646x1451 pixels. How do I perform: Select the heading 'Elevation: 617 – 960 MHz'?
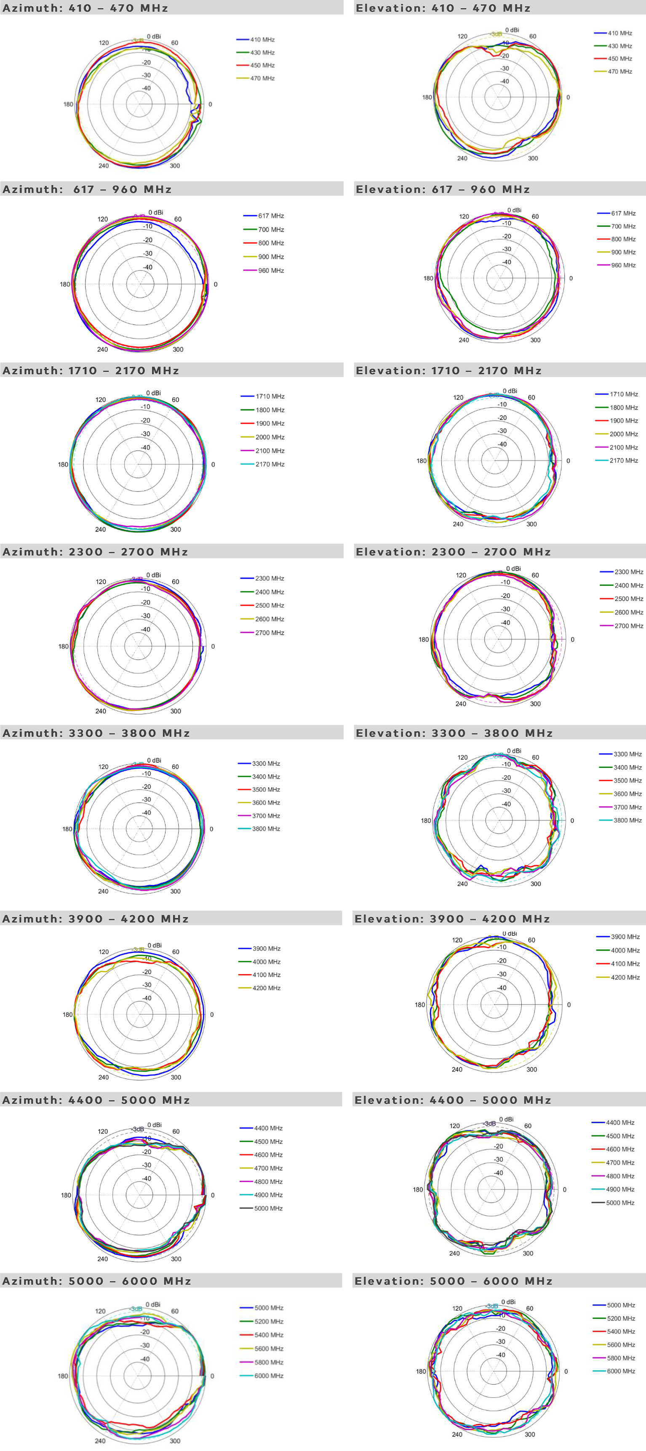(x=443, y=189)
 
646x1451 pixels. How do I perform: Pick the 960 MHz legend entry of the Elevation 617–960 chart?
(x=623, y=265)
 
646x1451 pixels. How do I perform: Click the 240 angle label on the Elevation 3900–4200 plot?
(x=457, y=1069)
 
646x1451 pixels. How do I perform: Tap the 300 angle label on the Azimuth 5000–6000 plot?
(x=175, y=1441)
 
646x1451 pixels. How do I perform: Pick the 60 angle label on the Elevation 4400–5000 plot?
(x=528, y=1125)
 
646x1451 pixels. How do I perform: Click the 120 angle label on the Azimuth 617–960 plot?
(x=102, y=219)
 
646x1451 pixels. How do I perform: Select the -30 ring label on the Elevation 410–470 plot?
(x=505, y=68)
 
